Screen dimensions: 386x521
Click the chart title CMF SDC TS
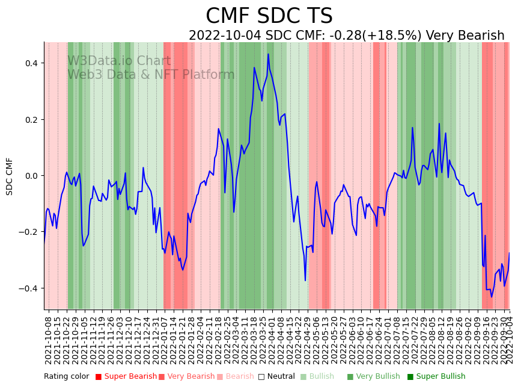coord(269,16)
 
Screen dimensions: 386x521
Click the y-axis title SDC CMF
coord(10,176)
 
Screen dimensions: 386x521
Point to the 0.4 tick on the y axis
coord(31,63)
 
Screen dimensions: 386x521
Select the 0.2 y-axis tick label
coord(31,119)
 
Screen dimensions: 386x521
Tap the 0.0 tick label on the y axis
coord(31,176)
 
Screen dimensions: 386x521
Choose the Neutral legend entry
coord(278,376)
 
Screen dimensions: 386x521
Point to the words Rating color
coord(66,376)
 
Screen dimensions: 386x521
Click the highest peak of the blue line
coord(269,54)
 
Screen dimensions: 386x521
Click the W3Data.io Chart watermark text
coord(119,61)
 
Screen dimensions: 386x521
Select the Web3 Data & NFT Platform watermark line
coord(151,75)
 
